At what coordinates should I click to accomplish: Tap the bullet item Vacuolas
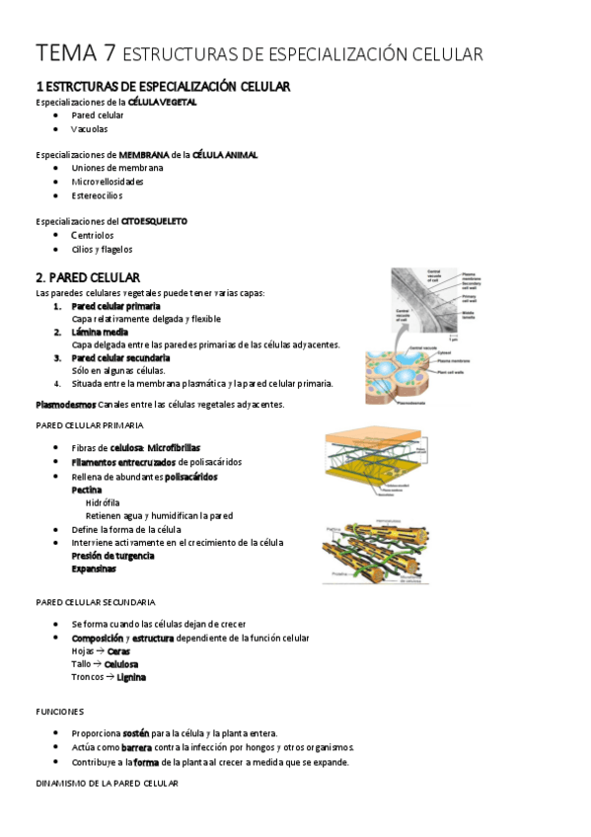pos(90,129)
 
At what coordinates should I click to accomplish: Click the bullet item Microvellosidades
pos(107,182)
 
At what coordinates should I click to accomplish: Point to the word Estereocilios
pos(98,195)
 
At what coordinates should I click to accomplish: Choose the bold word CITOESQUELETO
pos(153,221)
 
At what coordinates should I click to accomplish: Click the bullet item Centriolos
pos(93,236)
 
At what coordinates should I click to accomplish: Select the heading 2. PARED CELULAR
pos(87,277)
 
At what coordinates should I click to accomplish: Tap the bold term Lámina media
pos(100,333)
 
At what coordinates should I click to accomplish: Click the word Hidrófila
pos(103,502)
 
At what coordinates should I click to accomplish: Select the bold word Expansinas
pos(93,569)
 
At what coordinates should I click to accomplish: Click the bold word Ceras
pos(118,651)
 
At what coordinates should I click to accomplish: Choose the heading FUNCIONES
pos(59,711)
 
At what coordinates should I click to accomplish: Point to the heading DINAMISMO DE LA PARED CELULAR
pos(107,783)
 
